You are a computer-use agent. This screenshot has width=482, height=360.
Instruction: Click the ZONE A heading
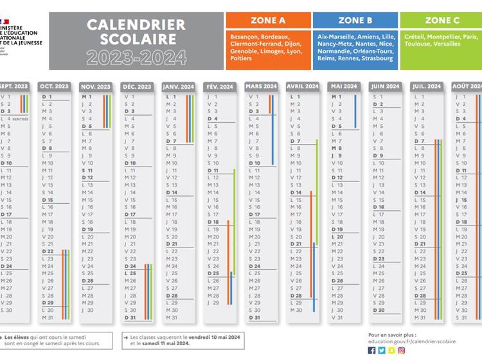[x=268, y=21]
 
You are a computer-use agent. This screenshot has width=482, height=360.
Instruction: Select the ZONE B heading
[x=355, y=21]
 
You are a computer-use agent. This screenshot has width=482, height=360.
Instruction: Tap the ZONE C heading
[x=442, y=21]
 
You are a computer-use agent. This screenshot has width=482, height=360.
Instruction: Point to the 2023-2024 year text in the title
[x=136, y=57]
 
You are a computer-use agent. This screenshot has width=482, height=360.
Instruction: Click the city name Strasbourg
[x=377, y=59]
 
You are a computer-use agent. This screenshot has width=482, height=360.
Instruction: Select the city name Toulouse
[x=419, y=44]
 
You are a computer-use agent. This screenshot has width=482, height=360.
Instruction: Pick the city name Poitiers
[x=242, y=59]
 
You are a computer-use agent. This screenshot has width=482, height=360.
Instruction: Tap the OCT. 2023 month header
[x=55, y=86]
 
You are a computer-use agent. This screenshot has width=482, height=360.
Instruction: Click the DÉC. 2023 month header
[x=136, y=86]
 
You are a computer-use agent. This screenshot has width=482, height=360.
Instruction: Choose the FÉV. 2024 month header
[x=219, y=86]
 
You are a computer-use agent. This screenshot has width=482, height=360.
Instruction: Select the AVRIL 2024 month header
[x=302, y=86]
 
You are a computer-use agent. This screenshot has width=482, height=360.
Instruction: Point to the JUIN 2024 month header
[x=384, y=86]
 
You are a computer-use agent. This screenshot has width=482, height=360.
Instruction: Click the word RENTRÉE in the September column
[x=21, y=119]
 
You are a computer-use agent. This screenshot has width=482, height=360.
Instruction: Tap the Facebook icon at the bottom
[x=372, y=351]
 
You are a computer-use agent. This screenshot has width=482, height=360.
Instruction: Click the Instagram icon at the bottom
[x=402, y=351]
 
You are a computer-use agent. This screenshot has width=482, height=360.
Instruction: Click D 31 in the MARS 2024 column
[x=254, y=318]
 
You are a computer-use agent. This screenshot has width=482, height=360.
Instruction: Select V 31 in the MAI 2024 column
[x=337, y=318]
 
